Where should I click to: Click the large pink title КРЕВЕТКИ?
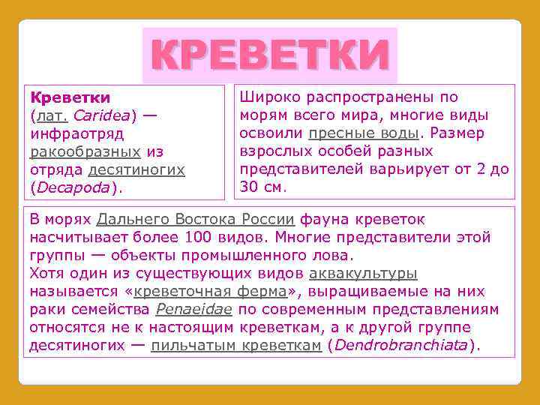269,56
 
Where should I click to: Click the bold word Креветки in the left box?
70,98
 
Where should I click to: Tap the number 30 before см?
248,187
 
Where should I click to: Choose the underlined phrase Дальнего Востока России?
196,220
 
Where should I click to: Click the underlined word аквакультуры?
363,274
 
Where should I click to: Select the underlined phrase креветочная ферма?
208,292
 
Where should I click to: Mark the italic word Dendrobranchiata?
400,346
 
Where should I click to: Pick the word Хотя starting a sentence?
46,274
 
